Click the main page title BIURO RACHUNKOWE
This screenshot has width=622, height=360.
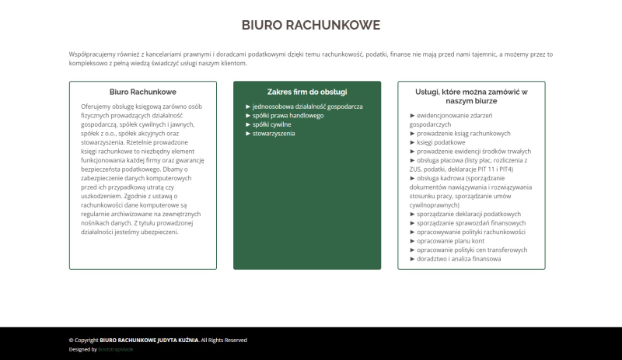pos(310,25)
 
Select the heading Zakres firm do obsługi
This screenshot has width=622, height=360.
pos(307,91)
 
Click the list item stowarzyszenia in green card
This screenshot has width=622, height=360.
pos(273,133)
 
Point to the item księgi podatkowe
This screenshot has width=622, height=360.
pos(439,142)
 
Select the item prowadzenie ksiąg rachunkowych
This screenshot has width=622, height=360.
pos(463,133)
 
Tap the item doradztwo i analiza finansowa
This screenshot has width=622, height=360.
pos(459,259)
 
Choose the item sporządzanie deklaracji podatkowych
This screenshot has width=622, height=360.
pos(469,214)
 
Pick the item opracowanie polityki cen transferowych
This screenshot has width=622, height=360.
pos(472,250)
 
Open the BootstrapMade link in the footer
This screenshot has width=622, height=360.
pos(116,349)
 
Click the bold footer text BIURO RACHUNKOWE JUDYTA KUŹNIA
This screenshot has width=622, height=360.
pos(149,340)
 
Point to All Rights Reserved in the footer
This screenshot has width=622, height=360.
pos(224,340)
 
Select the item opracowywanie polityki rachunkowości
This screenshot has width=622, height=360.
pos(471,232)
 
